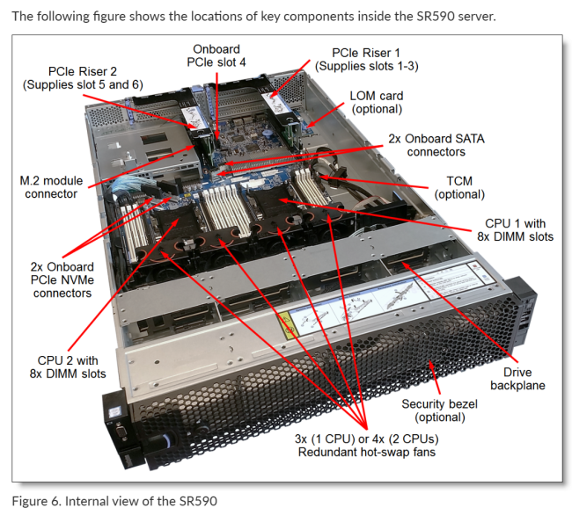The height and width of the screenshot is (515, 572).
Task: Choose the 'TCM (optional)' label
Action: [x=466, y=186]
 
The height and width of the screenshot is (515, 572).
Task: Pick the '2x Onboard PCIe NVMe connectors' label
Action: [x=62, y=278]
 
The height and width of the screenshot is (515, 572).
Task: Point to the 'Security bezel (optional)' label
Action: [x=437, y=410]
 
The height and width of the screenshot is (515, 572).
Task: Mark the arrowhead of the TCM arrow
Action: [x=322, y=178]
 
